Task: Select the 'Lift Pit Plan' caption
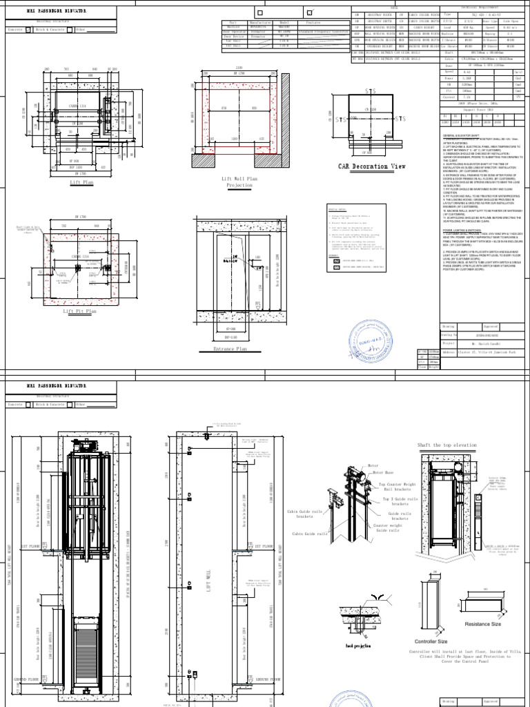pos(81,311)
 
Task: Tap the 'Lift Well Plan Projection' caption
pos(239,182)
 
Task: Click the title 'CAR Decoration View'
pos(371,166)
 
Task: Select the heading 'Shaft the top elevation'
pos(446,445)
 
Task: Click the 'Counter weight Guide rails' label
pos(387,527)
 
